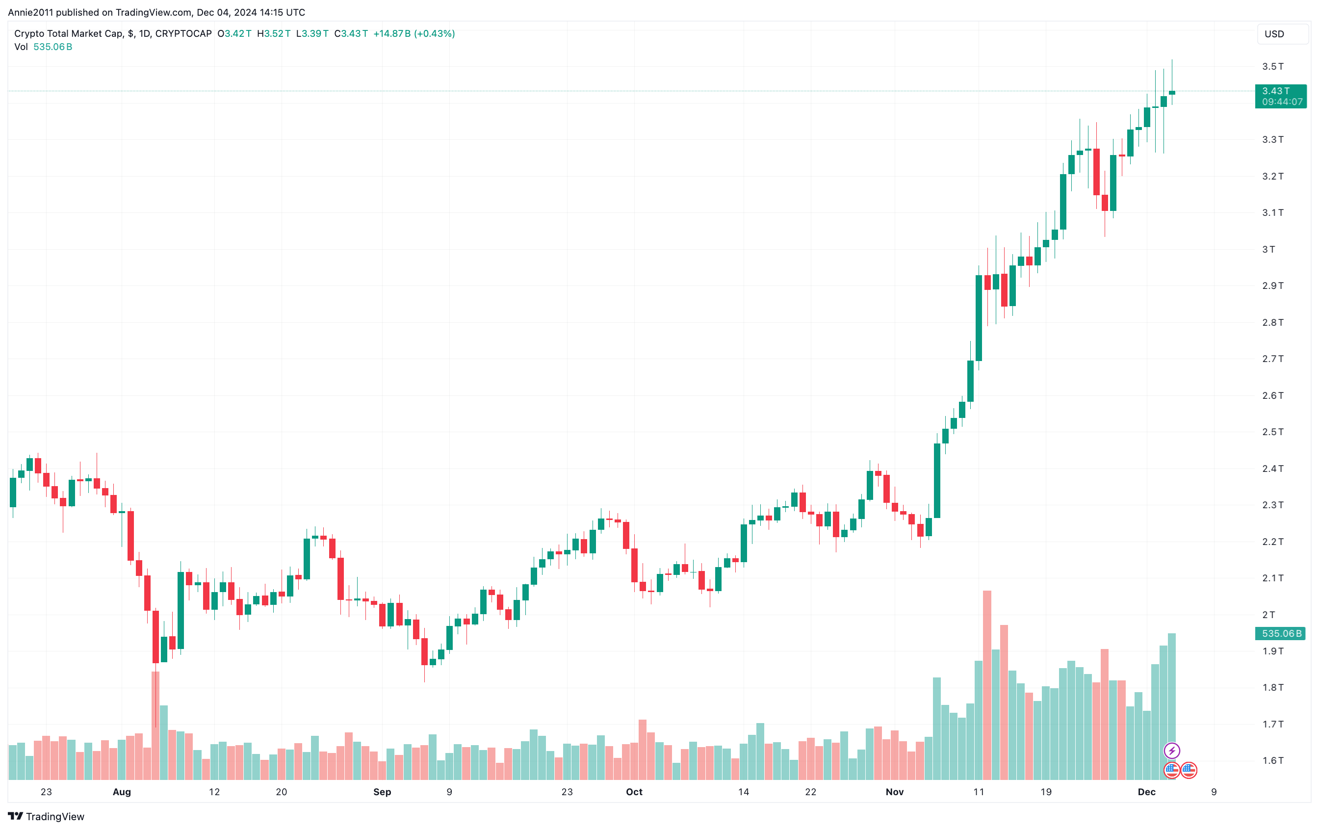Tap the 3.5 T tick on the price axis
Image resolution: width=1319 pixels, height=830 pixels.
[1272, 66]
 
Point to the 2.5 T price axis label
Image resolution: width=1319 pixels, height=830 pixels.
[1272, 432]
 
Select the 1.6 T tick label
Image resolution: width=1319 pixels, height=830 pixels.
[1272, 760]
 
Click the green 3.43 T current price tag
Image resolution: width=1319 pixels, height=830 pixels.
[1281, 97]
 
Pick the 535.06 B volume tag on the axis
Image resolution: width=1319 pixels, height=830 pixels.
[1281, 633]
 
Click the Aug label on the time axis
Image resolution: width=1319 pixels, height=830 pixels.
[122, 792]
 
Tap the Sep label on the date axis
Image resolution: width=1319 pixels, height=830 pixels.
[382, 792]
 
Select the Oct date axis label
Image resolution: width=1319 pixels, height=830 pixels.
[634, 792]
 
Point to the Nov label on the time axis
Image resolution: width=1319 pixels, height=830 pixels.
[895, 792]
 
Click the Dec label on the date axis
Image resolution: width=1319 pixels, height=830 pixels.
[1146, 792]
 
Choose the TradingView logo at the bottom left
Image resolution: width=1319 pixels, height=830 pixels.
[46, 816]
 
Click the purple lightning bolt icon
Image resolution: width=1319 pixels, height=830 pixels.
[1172, 751]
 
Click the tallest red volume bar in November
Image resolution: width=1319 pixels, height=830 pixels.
[987, 685]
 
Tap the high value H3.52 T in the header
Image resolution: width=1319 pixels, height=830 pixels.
[274, 33]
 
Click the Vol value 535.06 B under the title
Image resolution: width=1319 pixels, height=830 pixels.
[52, 47]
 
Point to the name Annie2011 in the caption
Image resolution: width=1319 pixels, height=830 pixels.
[31, 12]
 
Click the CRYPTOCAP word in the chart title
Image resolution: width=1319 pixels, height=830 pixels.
[183, 33]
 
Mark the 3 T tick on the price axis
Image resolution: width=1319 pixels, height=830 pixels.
[1268, 249]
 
